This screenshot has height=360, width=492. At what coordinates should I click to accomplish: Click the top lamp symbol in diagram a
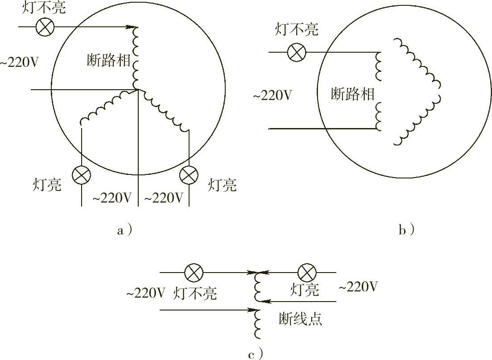click(x=45, y=28)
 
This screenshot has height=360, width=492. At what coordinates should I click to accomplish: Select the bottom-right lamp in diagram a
click(x=188, y=175)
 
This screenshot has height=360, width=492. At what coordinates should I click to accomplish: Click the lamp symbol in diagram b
click(x=294, y=53)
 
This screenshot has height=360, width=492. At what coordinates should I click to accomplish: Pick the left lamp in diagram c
click(x=194, y=272)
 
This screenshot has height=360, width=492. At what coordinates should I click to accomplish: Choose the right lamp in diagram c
click(x=307, y=272)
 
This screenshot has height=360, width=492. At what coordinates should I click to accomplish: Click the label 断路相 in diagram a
click(x=108, y=61)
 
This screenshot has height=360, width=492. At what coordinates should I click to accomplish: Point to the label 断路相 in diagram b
click(x=352, y=95)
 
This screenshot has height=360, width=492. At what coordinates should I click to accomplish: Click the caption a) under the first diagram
click(x=124, y=230)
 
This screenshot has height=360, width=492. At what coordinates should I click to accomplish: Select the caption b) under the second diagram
click(x=406, y=230)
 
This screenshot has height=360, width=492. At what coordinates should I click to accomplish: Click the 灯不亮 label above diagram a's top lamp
click(x=45, y=8)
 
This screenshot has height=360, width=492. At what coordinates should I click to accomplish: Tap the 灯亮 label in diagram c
click(x=305, y=290)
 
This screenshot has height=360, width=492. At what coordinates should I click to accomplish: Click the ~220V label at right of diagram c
click(x=358, y=287)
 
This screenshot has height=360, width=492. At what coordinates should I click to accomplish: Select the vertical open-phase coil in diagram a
click(x=136, y=58)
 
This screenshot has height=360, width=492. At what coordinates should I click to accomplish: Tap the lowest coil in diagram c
click(x=257, y=323)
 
